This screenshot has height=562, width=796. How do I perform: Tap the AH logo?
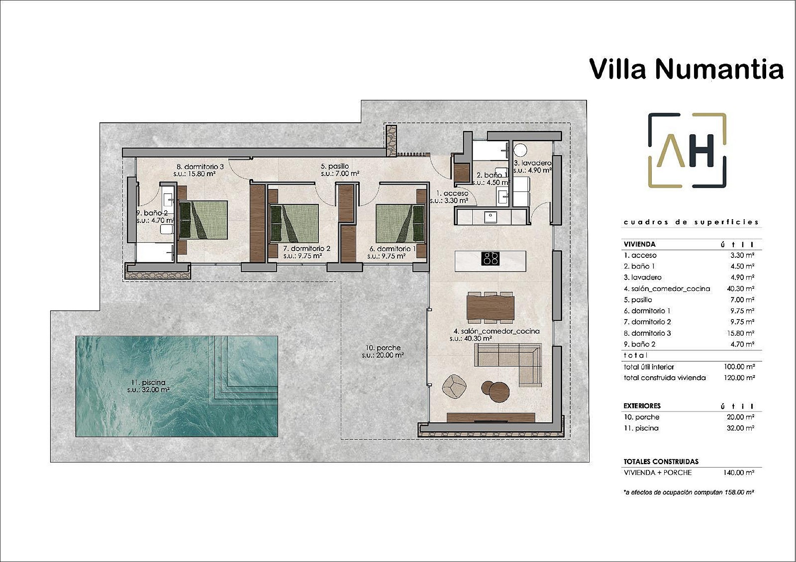click(687, 150)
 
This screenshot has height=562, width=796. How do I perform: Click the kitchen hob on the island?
click(491, 259)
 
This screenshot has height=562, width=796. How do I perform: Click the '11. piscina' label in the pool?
click(148, 383)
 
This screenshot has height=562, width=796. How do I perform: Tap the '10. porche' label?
click(383, 348)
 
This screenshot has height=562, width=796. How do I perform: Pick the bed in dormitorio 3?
click(203, 220)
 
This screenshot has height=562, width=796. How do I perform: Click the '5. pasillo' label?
click(335, 166)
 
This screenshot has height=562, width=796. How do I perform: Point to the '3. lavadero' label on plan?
click(532, 163)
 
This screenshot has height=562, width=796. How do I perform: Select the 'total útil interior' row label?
click(649, 367)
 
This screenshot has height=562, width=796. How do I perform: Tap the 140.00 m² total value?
click(738, 472)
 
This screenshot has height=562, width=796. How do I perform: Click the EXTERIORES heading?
click(642, 406)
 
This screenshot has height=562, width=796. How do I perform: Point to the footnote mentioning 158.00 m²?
click(689, 492)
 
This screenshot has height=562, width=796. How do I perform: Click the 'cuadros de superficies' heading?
click(691, 222)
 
